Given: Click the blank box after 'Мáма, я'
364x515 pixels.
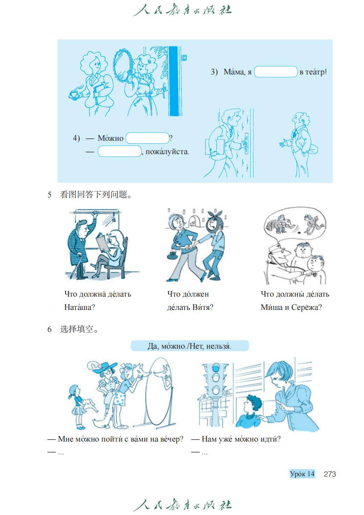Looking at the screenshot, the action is tap(276, 72).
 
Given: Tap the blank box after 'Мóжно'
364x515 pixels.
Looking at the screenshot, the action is tap(147, 138).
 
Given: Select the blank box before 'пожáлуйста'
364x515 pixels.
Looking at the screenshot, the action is tap(119, 151).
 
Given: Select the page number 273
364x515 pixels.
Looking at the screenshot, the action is tap(330, 474).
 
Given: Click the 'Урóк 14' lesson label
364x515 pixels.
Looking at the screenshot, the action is tap(302, 474).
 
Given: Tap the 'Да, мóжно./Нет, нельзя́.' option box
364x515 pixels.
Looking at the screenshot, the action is tap(190, 346).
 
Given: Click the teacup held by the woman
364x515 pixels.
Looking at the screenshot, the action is tap(74, 94).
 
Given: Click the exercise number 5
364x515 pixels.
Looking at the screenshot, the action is tap(49, 195).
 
